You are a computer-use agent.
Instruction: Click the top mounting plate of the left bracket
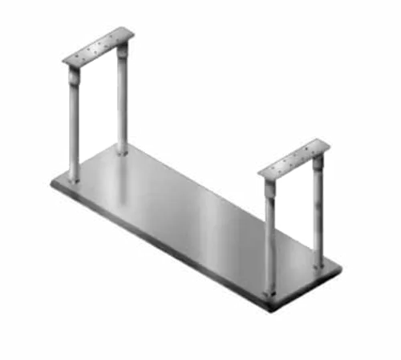pyautogui.click(x=97, y=47)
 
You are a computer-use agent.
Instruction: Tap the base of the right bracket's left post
pyautogui.click(x=269, y=290)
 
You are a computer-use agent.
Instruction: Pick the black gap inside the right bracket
pyautogui.click(x=294, y=216)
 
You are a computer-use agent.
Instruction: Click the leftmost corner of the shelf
pyautogui.click(x=51, y=186)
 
